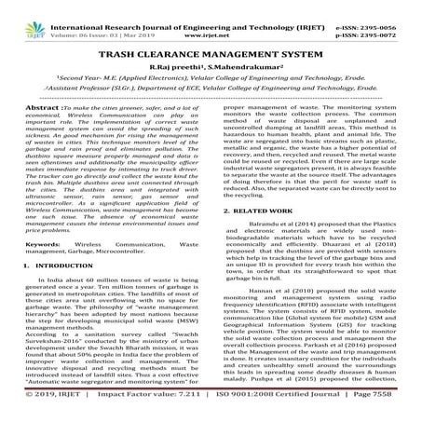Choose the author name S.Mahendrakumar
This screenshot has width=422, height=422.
247,70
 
